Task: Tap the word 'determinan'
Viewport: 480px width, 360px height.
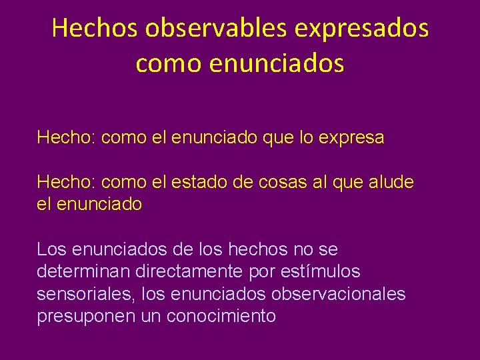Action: coord(84,271)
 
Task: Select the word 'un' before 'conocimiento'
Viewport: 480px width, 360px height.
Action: coord(151,316)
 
